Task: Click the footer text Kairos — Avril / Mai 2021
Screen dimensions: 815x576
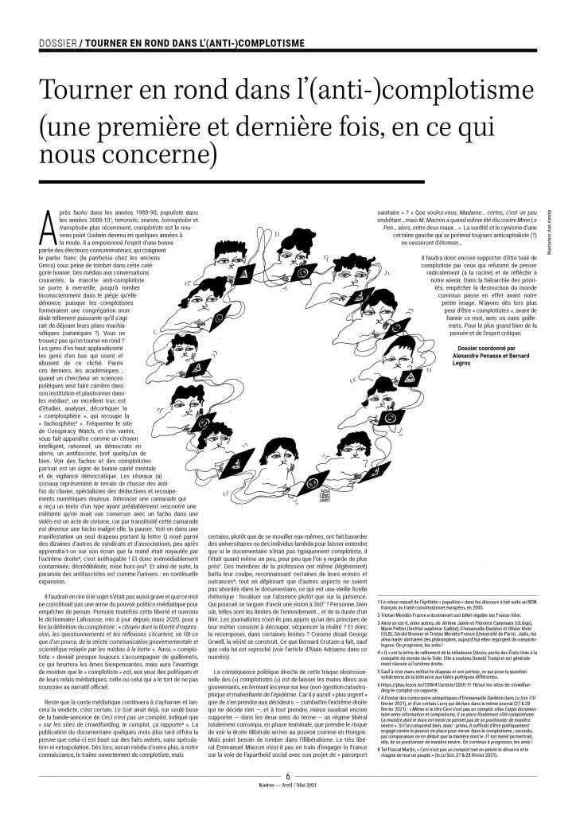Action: click(287, 805)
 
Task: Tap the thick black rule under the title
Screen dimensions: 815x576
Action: click(194, 181)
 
